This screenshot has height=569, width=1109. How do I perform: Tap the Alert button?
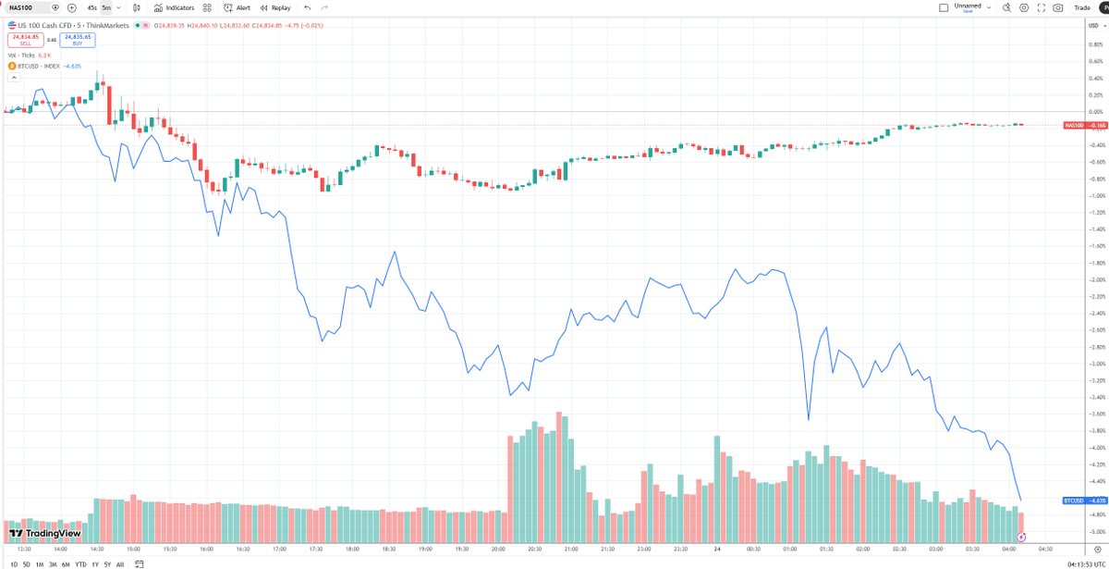click(x=238, y=7)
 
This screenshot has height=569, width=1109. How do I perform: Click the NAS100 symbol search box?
click(x=28, y=7)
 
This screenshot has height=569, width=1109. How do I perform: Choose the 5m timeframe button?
click(x=106, y=7)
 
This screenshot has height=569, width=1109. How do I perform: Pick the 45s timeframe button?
click(x=92, y=7)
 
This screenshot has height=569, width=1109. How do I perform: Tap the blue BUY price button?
click(x=78, y=40)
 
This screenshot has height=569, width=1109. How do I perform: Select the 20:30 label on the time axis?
click(x=535, y=549)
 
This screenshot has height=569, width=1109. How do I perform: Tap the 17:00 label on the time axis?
click(x=280, y=549)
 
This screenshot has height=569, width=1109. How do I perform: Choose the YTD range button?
click(x=81, y=563)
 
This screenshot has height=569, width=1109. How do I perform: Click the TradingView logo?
click(x=45, y=534)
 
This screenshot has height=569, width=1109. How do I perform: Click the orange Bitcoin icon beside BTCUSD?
click(x=12, y=66)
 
